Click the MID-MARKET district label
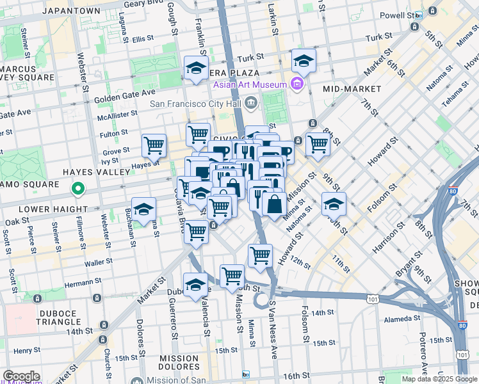pos(352,89)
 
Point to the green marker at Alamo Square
pos(77,188)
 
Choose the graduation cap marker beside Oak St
pos(145,208)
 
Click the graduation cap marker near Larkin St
pos(304,61)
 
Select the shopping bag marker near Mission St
pos(274,205)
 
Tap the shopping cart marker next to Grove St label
pos(154,146)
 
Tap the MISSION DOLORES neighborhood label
pos(179,362)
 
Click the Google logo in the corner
pos(21,376)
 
